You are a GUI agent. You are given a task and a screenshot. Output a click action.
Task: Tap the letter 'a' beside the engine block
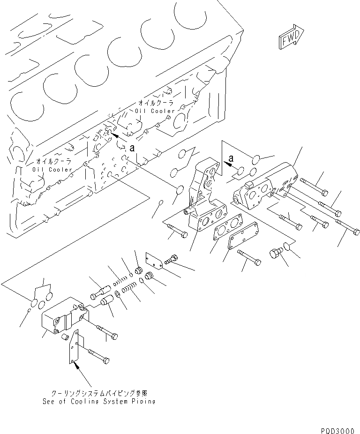(132, 147)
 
